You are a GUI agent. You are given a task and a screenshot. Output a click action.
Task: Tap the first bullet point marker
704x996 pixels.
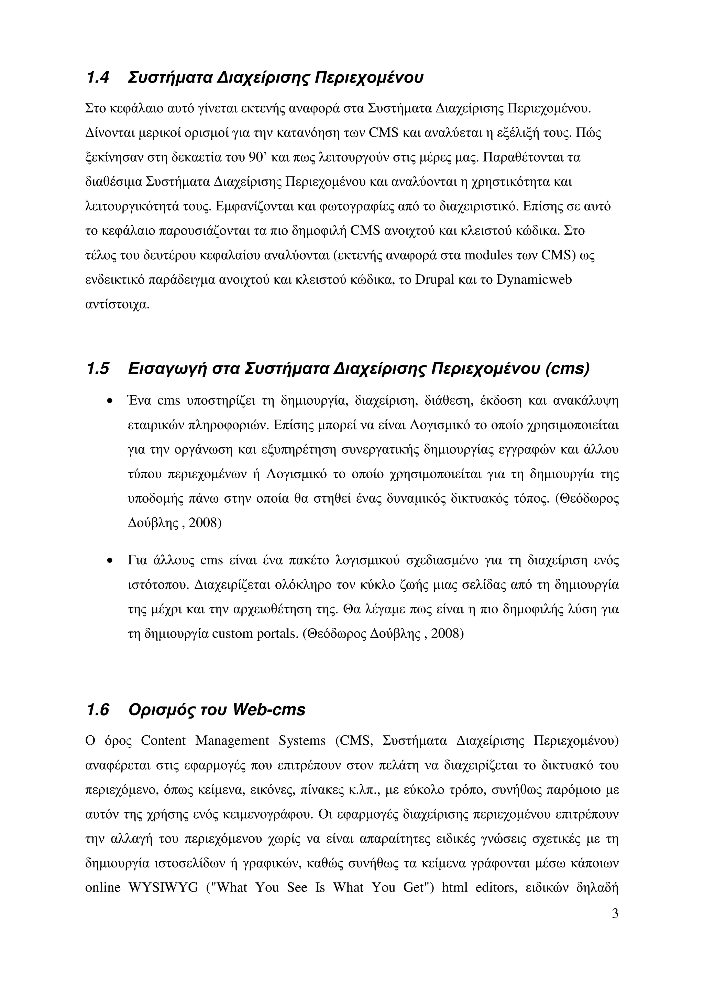(110, 401)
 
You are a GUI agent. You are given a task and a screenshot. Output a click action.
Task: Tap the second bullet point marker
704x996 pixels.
(110, 561)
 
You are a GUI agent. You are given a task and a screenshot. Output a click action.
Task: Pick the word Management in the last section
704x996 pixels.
(232, 740)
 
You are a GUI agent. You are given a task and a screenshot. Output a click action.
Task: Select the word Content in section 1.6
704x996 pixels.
(163, 740)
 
